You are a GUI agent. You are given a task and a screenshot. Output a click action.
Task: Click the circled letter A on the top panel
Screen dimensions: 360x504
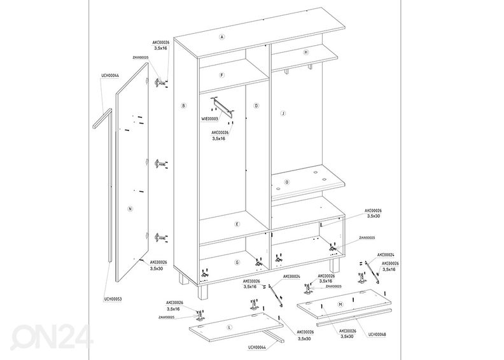[222, 37]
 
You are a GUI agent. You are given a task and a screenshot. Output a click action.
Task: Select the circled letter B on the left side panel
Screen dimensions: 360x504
[183, 106]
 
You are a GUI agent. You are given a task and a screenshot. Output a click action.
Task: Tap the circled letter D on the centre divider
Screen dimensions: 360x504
[256, 106]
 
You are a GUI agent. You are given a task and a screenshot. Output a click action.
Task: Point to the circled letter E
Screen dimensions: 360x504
[236, 224]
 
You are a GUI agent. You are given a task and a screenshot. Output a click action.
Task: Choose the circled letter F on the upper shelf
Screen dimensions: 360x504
[221, 75]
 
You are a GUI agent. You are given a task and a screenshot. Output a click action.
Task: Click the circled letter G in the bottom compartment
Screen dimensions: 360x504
[236, 262]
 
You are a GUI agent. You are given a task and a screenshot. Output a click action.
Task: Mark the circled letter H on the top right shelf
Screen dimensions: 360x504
[306, 52]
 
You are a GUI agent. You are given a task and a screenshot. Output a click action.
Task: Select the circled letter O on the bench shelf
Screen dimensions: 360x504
[287, 182]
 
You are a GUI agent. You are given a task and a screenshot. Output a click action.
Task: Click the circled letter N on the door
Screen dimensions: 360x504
[129, 209]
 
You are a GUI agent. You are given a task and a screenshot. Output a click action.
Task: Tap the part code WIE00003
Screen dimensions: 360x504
[209, 119]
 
